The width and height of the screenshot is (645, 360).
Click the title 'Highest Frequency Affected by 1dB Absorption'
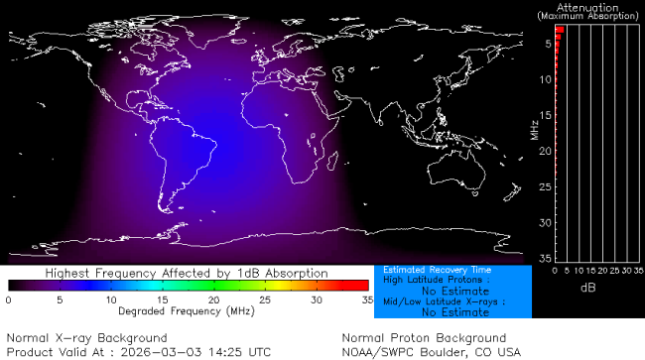(186, 272)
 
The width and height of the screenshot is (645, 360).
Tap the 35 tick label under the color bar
(366, 299)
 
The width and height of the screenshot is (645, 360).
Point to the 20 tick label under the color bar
(213, 299)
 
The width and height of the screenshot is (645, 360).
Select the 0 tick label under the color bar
(8, 299)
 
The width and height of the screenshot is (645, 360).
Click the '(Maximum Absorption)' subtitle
(587, 16)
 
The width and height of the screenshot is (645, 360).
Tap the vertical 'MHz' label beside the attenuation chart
(534, 130)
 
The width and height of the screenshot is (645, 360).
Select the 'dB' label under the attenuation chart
(587, 287)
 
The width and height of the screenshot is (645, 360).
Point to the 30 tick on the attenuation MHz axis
(545, 222)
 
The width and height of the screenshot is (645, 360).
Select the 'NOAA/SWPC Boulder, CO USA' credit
(431, 351)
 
